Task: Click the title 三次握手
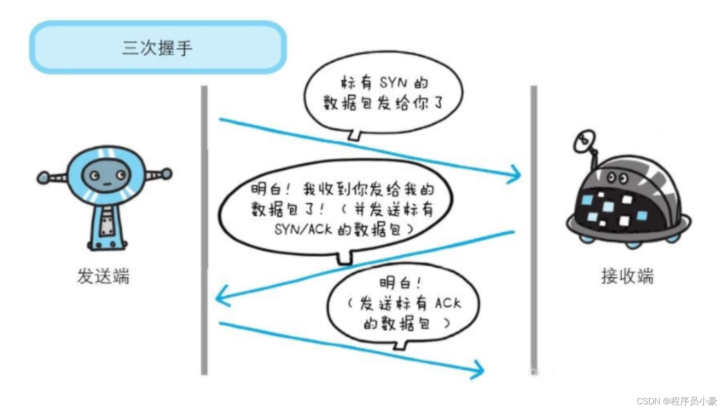157,48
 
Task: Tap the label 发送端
103,276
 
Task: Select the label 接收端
627,276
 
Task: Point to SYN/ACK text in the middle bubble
303,229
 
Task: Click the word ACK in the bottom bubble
448,303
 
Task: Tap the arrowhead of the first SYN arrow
516,175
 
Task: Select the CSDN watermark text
677,401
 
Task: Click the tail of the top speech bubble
355,135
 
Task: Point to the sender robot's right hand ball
166,174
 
